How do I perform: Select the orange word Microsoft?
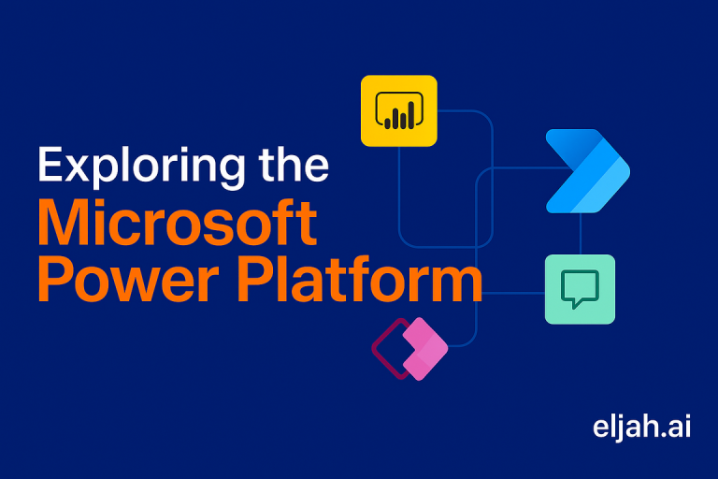coord(177,224)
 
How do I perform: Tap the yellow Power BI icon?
coord(399,110)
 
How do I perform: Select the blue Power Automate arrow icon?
coord(586,171)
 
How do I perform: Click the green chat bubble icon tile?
coord(580,289)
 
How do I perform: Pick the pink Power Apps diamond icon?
coord(423,349)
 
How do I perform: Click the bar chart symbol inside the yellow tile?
coord(399,115)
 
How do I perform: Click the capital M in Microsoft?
coord(66,224)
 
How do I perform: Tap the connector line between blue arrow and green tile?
coord(581,233)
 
